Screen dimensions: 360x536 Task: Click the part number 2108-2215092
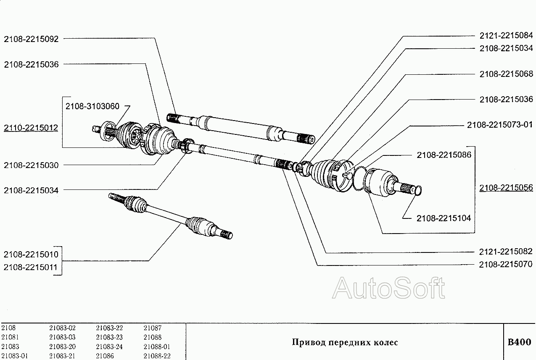click(x=31, y=39)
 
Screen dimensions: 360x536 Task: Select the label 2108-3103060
click(x=93, y=107)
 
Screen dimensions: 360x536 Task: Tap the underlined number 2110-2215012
click(x=31, y=128)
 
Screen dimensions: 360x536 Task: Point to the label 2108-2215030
click(x=31, y=165)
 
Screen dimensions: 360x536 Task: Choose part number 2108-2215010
click(x=31, y=255)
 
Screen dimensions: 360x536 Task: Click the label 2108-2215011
click(x=31, y=267)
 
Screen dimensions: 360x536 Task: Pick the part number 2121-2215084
click(x=506, y=36)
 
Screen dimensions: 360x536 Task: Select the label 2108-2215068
click(x=506, y=74)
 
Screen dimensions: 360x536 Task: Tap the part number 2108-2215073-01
click(x=500, y=125)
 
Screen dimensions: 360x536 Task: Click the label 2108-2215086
click(x=444, y=155)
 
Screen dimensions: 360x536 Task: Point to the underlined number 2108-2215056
click(x=506, y=188)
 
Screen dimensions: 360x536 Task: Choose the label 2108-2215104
click(x=444, y=218)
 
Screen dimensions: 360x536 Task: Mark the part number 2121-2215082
click(x=506, y=252)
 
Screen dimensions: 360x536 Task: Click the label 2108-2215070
click(x=506, y=264)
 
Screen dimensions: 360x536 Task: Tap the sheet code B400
click(x=520, y=342)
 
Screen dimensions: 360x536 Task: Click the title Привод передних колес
click(x=345, y=342)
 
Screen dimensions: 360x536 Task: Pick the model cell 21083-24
click(x=109, y=347)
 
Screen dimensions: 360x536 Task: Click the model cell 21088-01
click(x=157, y=347)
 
